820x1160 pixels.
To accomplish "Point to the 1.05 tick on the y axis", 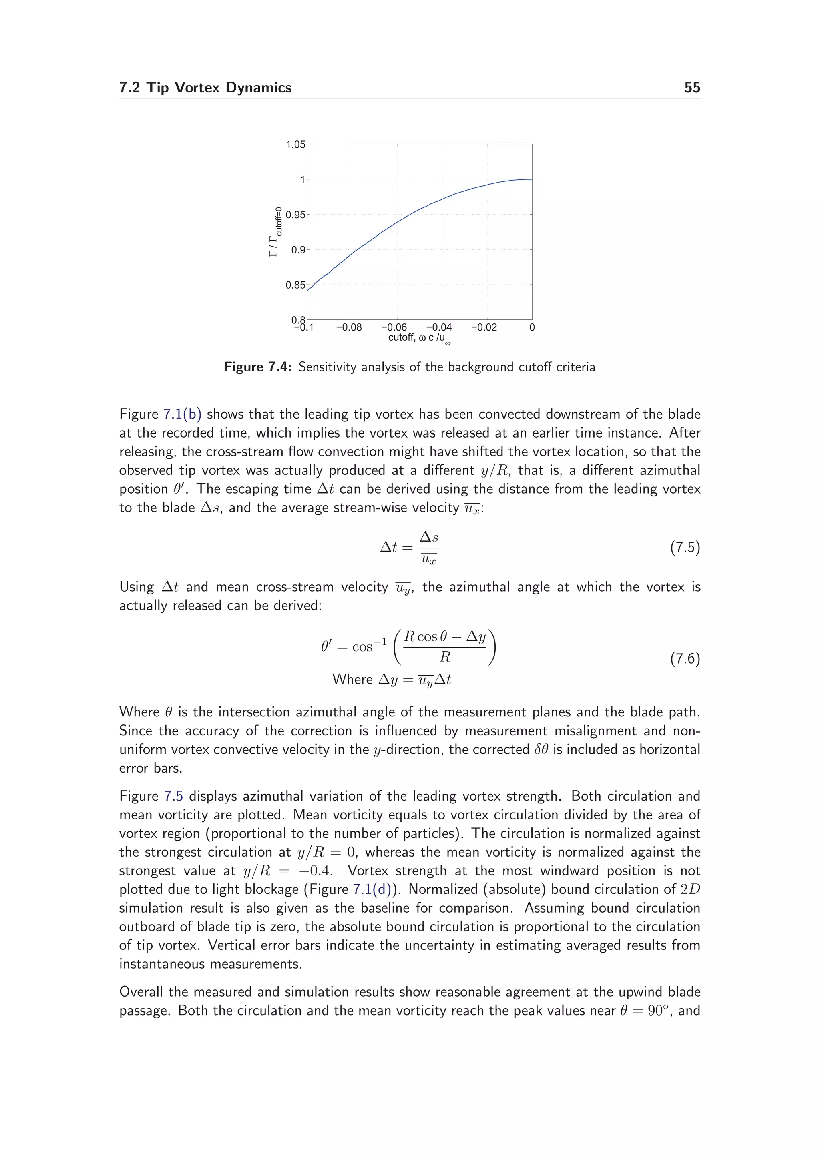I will coord(295,144).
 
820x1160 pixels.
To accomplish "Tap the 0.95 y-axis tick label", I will coord(295,215).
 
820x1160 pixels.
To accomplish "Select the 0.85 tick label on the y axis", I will coord(295,285).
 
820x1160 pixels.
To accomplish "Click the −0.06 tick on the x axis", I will coord(394,327).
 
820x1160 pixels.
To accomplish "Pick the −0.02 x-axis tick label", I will coord(484,327).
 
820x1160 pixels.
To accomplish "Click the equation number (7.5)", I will coord(685,547).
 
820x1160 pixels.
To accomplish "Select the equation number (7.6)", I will coord(685,659).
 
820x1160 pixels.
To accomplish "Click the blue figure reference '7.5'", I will coord(173,796).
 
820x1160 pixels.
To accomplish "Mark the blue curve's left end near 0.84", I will coord(307,290).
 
